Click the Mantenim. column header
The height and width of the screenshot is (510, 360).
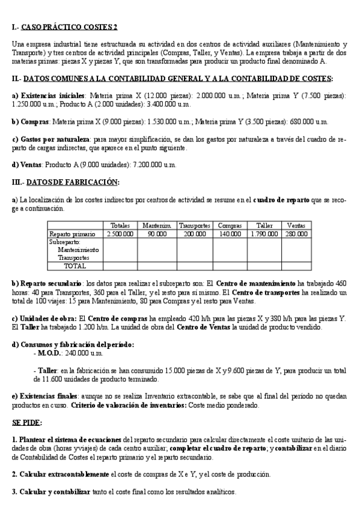157,225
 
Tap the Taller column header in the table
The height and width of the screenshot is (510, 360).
264,225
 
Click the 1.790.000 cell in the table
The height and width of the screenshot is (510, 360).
264,233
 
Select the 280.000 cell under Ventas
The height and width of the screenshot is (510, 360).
296,233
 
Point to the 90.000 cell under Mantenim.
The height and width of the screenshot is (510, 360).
157,233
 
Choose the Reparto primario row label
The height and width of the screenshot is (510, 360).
72,233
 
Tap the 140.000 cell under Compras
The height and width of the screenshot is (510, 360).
230,233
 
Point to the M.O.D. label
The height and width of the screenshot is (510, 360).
49,353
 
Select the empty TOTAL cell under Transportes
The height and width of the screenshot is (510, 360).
194,265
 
